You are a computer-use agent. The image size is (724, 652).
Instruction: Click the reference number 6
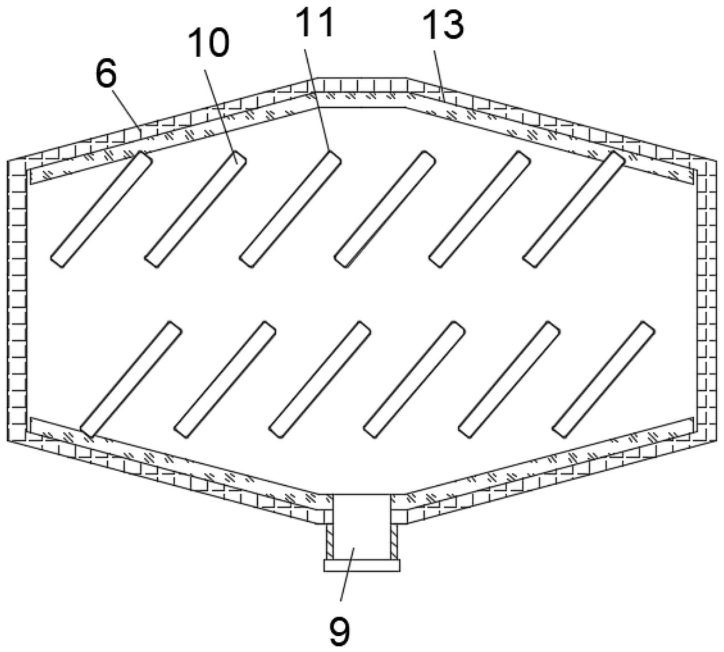pyautogui.click(x=106, y=74)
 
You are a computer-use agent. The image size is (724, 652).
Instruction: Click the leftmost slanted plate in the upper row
pyautogui.click(x=101, y=209)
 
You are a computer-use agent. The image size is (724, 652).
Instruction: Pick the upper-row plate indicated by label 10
pyautogui.click(x=195, y=209)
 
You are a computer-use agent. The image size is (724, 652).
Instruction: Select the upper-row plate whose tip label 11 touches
pyautogui.click(x=290, y=209)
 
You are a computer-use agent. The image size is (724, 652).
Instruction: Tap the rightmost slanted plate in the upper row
pyautogui.click(x=574, y=209)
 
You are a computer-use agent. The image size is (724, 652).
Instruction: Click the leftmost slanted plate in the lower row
pyautogui.click(x=131, y=379)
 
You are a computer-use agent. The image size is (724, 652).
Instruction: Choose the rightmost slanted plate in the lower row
pyautogui.click(x=604, y=379)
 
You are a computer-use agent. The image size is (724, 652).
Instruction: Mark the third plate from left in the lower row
pyautogui.click(x=320, y=379)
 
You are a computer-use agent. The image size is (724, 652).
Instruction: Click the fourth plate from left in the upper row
pyautogui.click(x=384, y=209)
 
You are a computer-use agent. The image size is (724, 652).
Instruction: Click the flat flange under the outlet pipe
pyautogui.click(x=362, y=565)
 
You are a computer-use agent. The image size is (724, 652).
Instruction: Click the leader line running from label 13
pyautogui.click(x=439, y=73)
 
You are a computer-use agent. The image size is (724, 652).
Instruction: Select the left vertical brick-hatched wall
pyautogui.click(x=17, y=300)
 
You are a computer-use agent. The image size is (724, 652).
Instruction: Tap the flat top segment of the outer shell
pyautogui.click(x=362, y=85)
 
